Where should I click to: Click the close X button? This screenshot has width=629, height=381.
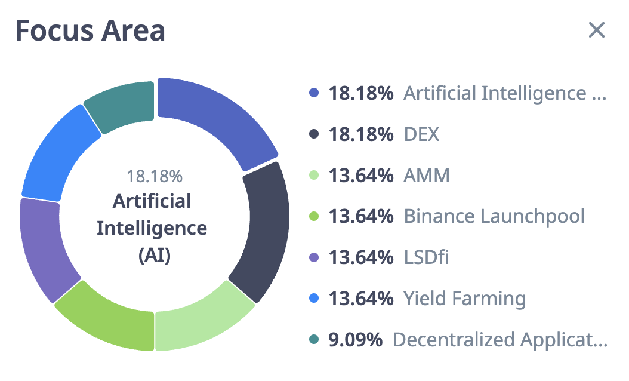pos(597,30)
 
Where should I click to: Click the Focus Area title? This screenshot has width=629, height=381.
pos(90,30)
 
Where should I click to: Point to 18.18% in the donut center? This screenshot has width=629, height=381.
pos(154,177)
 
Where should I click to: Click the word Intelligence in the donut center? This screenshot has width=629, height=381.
pos(152,228)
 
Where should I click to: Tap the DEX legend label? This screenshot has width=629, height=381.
pos(421,134)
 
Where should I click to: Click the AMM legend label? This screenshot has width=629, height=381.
pos(427,176)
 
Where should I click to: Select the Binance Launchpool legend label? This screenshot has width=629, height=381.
pos(494,216)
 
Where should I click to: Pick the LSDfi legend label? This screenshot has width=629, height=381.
pos(426,257)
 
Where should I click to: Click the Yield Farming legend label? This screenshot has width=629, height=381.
pos(465,298)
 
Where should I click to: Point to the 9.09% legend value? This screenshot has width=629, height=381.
pos(355,339)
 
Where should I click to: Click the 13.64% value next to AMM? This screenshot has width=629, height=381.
pos(360,176)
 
